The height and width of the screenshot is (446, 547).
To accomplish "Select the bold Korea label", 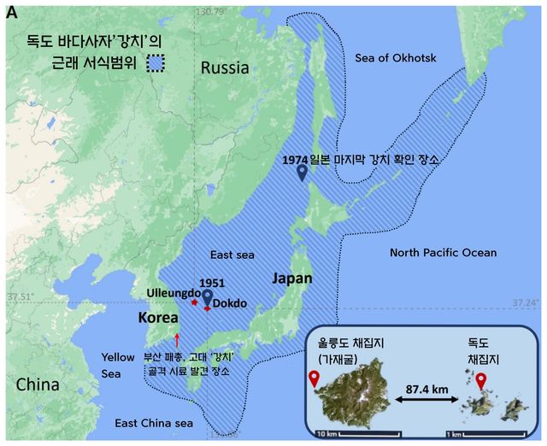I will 163,317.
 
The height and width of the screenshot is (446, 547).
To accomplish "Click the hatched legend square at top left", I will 155,62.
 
